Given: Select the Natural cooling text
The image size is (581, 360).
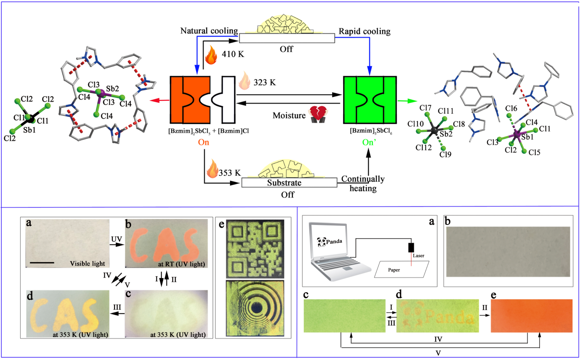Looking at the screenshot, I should [209, 31].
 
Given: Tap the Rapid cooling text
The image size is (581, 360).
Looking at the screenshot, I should [364, 31].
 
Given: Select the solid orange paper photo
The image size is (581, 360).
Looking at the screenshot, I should [531, 316].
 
